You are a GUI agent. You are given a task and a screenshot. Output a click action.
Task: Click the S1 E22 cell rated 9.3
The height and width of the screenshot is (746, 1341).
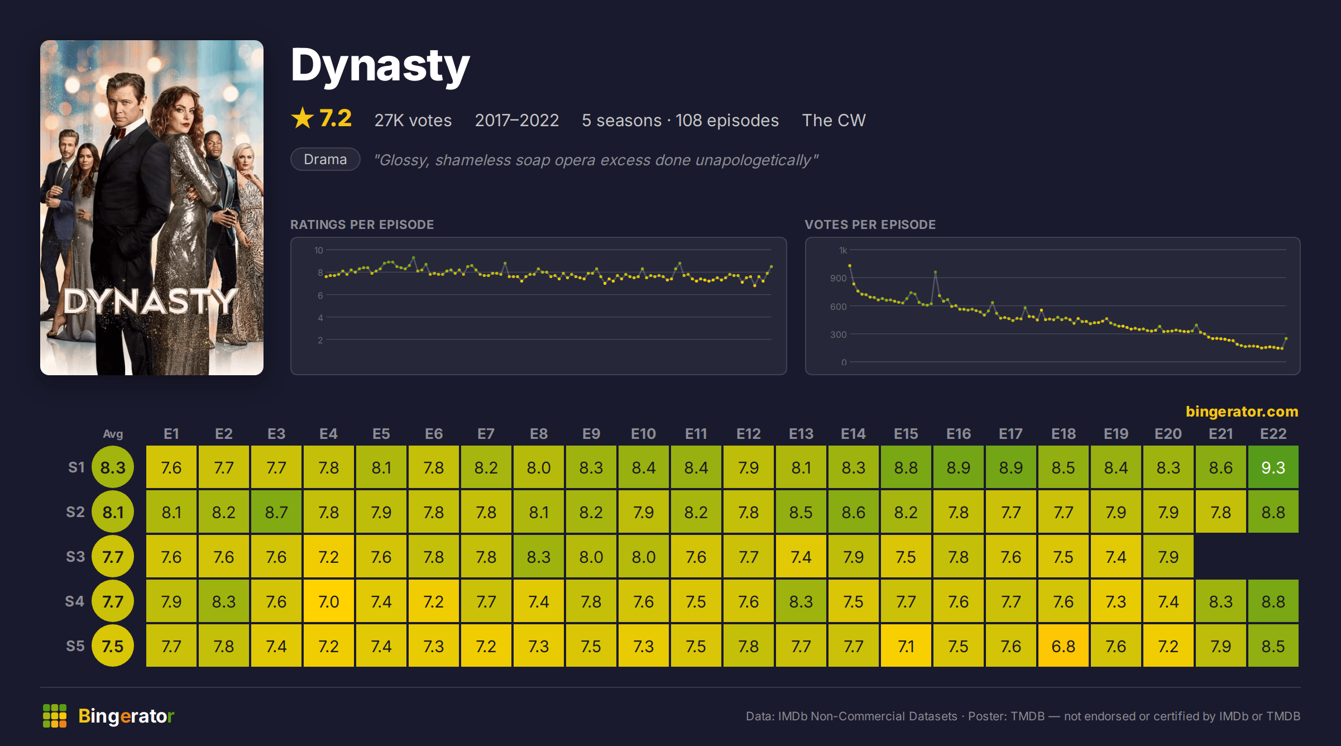click(x=1273, y=467)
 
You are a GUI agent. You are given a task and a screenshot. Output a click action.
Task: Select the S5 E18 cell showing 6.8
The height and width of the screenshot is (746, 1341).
click(x=1063, y=645)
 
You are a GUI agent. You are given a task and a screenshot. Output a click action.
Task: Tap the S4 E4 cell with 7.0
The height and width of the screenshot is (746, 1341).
click(x=328, y=601)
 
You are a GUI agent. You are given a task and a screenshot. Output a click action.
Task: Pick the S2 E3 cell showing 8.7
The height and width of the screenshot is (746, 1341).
click(x=276, y=511)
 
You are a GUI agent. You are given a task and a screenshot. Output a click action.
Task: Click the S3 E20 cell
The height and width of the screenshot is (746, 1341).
click(x=1168, y=556)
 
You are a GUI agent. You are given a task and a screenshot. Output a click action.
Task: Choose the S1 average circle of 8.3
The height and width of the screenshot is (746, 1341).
click(x=113, y=467)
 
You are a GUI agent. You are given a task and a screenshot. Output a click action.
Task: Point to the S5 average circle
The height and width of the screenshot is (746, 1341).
click(x=113, y=645)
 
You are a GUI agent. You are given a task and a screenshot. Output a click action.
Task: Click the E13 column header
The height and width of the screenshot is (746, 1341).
click(x=801, y=434)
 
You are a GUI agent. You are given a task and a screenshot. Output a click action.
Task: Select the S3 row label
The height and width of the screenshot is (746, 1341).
click(x=75, y=557)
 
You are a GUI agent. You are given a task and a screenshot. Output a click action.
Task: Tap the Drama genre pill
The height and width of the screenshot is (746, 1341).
click(x=325, y=159)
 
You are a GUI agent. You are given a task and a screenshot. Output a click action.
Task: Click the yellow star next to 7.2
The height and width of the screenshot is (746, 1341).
click(x=303, y=118)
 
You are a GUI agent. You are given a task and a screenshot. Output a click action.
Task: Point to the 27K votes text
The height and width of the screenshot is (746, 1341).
click(x=413, y=120)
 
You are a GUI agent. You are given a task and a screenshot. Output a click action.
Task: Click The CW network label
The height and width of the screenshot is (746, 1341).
click(x=834, y=120)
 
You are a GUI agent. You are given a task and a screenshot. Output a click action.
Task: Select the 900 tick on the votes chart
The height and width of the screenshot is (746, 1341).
click(x=838, y=278)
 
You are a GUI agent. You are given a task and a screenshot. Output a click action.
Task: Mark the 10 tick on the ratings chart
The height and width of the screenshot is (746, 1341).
click(x=318, y=250)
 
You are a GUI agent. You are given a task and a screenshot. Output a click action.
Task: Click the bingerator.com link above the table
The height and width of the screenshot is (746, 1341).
click(x=1242, y=412)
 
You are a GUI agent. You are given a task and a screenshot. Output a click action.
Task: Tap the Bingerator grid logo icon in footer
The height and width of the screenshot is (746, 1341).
click(x=55, y=716)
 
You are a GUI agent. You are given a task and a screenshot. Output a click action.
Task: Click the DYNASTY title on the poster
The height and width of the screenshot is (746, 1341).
click(x=150, y=302)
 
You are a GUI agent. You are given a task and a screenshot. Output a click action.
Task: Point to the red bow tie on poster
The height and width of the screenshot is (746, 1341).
click(x=118, y=132)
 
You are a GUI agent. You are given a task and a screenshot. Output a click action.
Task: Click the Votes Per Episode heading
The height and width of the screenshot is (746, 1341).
click(x=870, y=224)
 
